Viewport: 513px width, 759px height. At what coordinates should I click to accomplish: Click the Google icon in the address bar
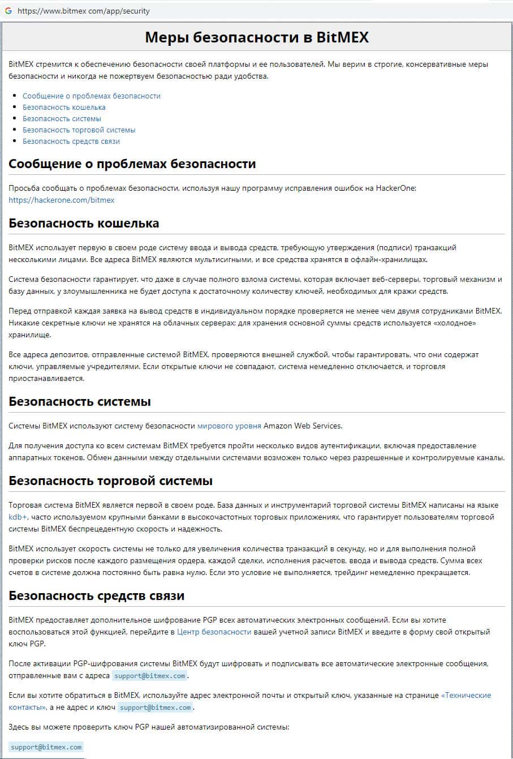[x=8, y=11]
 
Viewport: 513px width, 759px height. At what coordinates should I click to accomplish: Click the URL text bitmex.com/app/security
[x=84, y=11]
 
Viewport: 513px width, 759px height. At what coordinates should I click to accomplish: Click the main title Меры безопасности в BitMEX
[x=256, y=37]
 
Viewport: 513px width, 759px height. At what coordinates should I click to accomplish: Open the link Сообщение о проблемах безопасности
[x=91, y=96]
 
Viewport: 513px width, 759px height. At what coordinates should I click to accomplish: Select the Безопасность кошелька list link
[x=64, y=107]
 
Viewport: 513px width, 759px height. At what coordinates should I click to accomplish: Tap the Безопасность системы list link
[x=62, y=118]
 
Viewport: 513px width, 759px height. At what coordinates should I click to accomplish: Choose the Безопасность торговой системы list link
[x=79, y=130]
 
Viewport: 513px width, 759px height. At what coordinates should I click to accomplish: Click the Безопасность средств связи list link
[x=71, y=141]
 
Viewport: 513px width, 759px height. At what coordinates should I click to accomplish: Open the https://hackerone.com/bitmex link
[x=61, y=200]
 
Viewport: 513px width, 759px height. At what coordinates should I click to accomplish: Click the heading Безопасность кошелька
[x=84, y=223]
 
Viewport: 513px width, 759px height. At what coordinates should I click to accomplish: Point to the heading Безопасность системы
[x=80, y=402]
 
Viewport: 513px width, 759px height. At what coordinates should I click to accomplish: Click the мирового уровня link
[x=229, y=426]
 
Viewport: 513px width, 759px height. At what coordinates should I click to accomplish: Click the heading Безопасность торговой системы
[x=110, y=481]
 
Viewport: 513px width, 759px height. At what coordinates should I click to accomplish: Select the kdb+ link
[x=18, y=517]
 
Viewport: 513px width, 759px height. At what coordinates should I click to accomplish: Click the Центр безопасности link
[x=214, y=632]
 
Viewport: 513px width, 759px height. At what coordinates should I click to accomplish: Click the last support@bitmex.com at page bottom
[x=46, y=747]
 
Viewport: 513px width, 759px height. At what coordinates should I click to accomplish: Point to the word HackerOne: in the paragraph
[x=396, y=188]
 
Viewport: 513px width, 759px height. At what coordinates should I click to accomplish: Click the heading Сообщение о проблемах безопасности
[x=132, y=164]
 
